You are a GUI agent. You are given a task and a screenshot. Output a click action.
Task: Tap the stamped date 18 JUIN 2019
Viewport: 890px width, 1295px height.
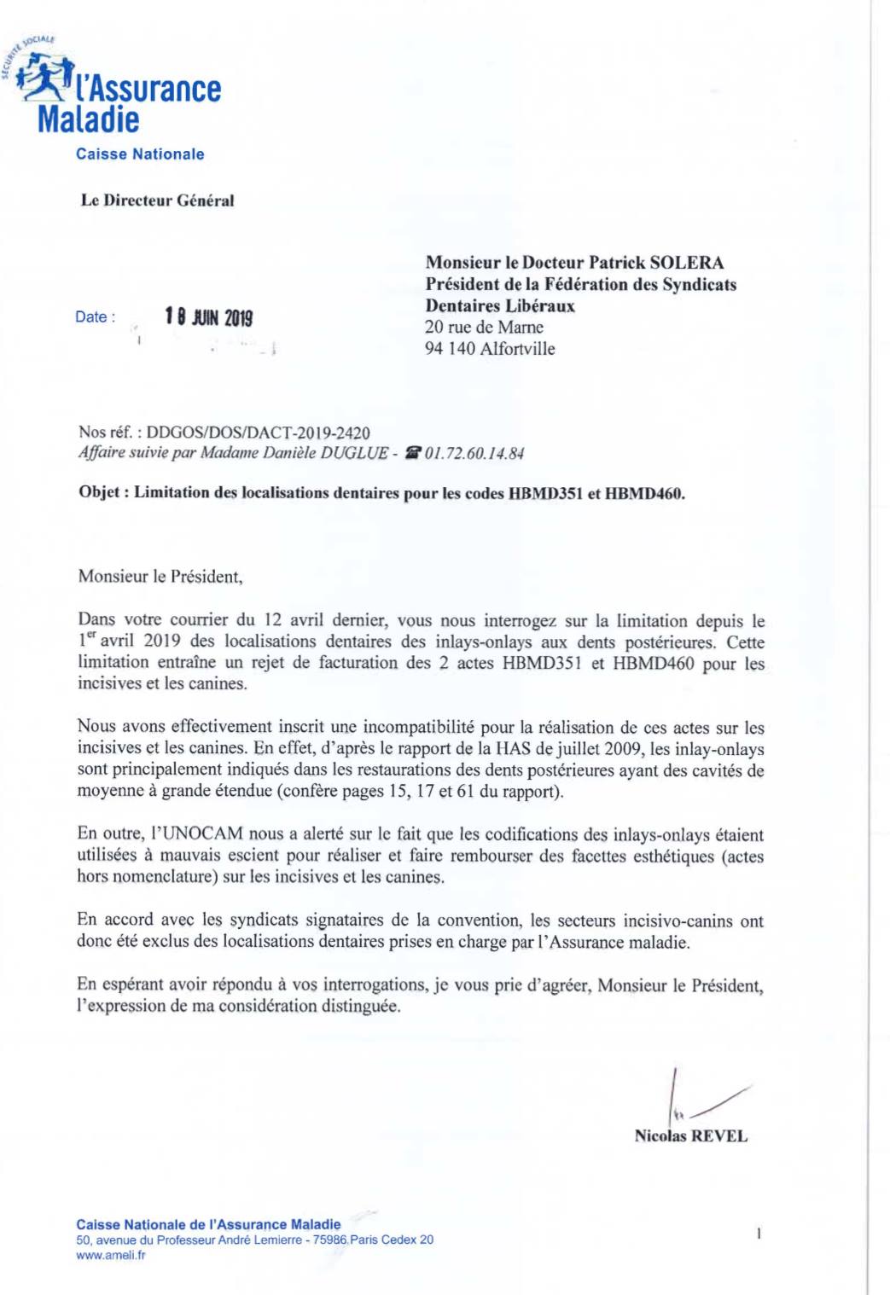point(209,317)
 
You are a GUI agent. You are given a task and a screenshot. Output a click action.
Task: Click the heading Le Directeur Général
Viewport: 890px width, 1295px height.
point(157,200)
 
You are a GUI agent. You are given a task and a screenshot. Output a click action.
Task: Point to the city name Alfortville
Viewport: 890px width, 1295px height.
point(517,348)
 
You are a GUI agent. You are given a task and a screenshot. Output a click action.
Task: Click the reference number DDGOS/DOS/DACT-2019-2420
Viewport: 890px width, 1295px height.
point(258,433)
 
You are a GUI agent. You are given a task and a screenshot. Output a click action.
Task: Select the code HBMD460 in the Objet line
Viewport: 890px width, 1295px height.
point(644,493)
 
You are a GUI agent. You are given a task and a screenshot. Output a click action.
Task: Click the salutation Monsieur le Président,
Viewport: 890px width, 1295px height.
point(160,577)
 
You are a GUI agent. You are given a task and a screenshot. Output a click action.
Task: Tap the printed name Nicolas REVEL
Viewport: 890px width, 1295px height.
point(690,1136)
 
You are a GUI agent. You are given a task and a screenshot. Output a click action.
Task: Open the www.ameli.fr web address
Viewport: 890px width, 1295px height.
point(111,1255)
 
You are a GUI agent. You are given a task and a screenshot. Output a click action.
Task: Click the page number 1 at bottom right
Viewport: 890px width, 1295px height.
point(759,1233)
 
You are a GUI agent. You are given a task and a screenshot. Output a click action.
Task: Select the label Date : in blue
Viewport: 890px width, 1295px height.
point(95,317)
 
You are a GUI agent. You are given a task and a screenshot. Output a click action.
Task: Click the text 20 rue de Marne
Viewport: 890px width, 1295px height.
point(484,327)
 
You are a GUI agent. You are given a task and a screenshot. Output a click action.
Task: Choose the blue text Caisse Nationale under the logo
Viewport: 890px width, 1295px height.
point(140,154)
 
